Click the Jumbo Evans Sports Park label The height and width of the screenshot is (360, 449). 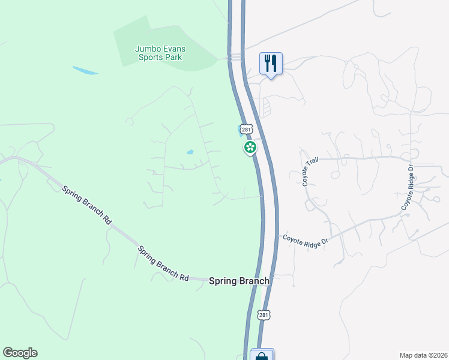(x=158, y=53)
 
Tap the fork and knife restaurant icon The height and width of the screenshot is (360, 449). (x=271, y=62)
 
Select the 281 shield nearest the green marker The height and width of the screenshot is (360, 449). (x=246, y=129)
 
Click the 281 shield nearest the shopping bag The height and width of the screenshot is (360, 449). (x=264, y=314)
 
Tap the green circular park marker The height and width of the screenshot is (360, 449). (x=250, y=147)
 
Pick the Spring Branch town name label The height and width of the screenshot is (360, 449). (x=239, y=281)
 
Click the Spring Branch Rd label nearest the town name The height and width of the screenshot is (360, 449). (x=163, y=265)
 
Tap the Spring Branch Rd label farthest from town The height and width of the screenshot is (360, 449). (x=87, y=205)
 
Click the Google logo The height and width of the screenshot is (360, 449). (x=20, y=353)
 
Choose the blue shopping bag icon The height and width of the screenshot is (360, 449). (x=262, y=356)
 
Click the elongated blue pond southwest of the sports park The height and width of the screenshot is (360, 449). (x=85, y=70)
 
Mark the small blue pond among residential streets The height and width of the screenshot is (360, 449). (x=190, y=152)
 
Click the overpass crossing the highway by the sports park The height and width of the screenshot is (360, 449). (x=235, y=57)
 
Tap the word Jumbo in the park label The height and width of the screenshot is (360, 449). (x=147, y=49)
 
